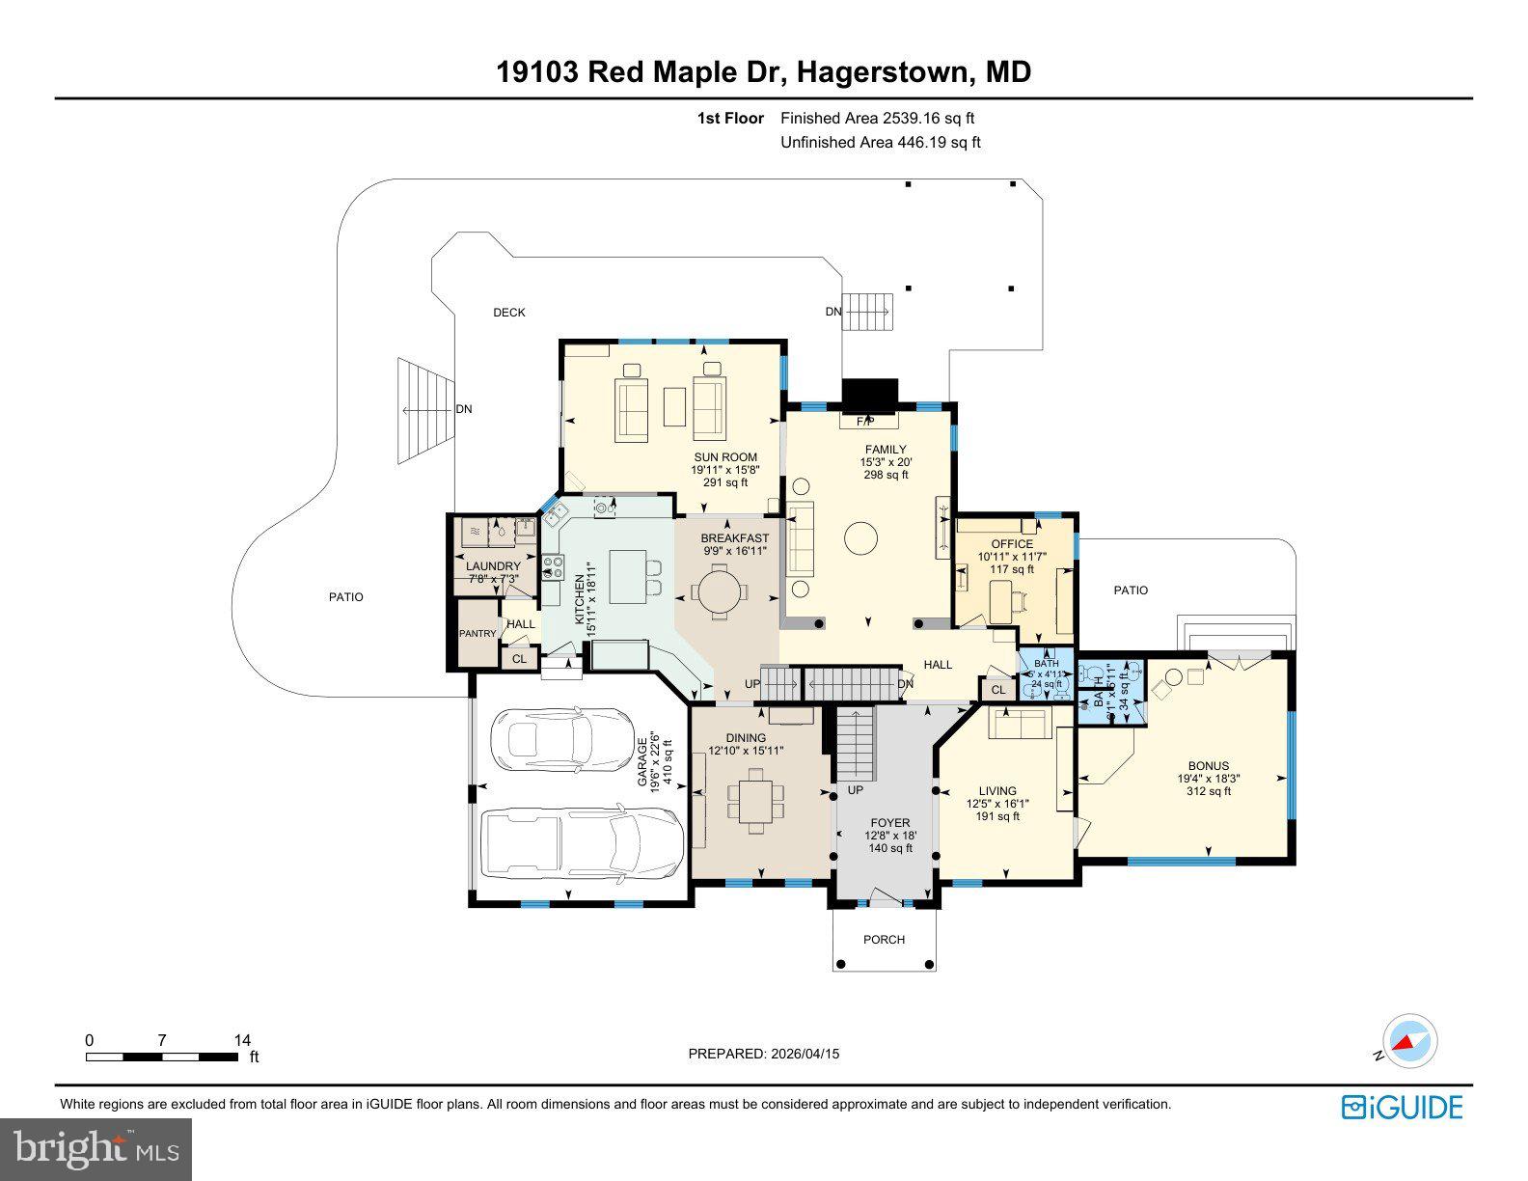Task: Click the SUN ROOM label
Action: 724,457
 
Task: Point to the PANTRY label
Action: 477,634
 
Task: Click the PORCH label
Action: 884,939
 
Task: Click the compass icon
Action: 1409,1043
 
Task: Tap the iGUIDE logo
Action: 1402,1107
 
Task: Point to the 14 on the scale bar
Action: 242,1040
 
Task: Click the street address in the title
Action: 763,71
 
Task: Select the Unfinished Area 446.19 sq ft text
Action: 880,143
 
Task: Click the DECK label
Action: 509,312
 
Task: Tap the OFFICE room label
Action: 1012,544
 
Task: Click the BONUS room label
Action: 1208,766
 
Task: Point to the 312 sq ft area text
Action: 1208,791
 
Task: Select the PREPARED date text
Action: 763,1054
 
